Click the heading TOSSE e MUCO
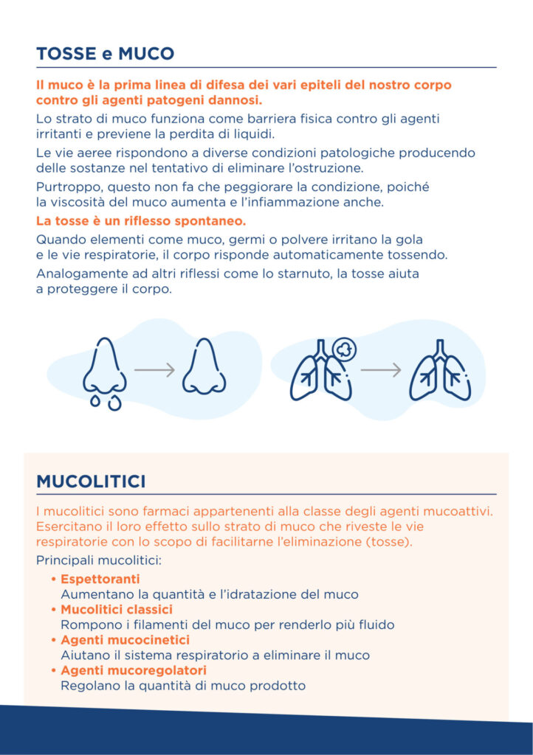pos(105,54)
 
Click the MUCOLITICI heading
pos(91,481)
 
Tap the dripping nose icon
pos(105,371)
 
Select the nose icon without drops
pos(204,366)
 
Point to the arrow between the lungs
pos(381,369)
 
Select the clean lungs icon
pos(440,370)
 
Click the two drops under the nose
pos(104,401)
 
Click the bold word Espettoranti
pos(100,579)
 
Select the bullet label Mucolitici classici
pos(116,610)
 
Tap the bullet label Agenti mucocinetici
pos(125,640)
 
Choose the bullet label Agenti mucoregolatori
pos(133,670)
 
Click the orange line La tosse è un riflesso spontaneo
pos(141,220)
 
